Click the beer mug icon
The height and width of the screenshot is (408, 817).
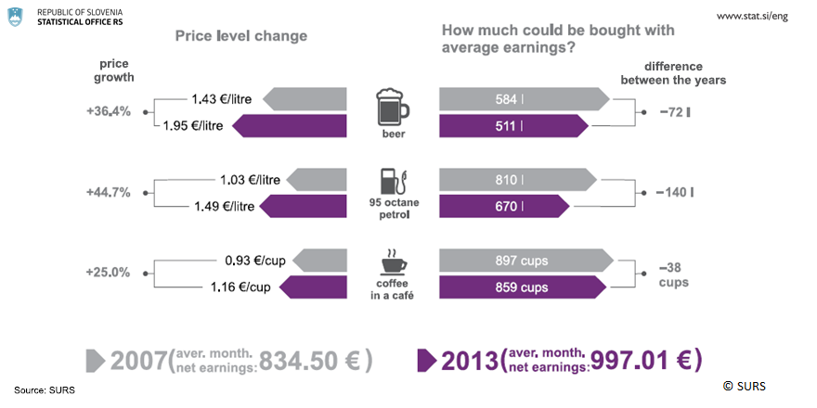[x=392, y=107]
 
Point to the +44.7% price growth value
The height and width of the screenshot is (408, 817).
[x=108, y=193]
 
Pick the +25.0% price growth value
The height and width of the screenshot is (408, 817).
[x=108, y=274]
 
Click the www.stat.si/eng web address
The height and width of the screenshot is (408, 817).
[x=753, y=18]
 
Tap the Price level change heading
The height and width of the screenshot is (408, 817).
[x=241, y=35]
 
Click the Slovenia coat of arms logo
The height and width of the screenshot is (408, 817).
[x=16, y=17]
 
